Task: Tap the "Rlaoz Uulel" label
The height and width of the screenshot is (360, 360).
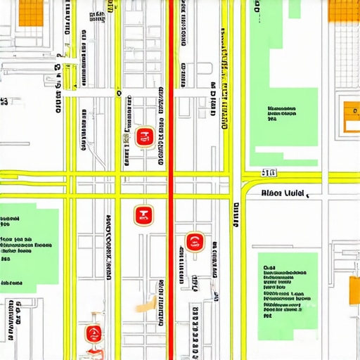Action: click(282, 193)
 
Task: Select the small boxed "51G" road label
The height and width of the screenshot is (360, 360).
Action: click(269, 172)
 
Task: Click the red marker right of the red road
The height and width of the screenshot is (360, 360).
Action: click(195, 243)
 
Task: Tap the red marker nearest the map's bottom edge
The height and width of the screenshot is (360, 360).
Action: click(93, 333)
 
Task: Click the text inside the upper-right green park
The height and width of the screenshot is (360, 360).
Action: click(281, 113)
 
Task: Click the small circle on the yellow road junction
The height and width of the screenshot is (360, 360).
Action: click(120, 92)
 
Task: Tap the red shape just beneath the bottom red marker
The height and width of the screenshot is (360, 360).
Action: click(94, 349)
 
